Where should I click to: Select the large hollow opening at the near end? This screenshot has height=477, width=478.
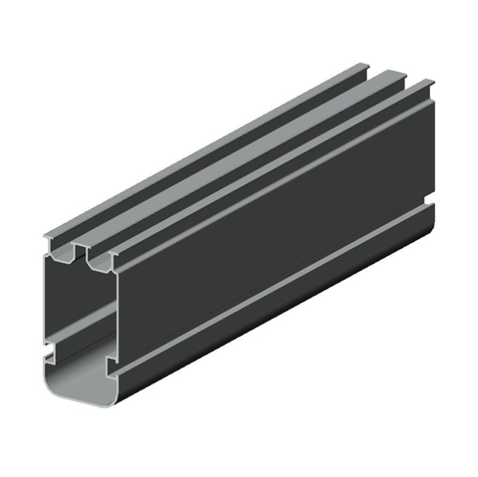(x=78, y=318)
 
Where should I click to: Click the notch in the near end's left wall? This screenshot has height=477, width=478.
(x=50, y=350)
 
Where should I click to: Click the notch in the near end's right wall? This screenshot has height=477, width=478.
(x=110, y=364)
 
